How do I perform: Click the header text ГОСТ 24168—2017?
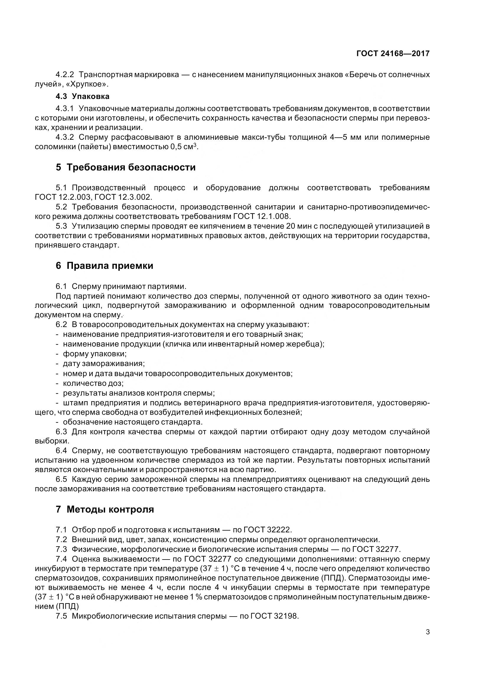tap(393, 53)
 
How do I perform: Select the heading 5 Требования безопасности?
tap(125, 167)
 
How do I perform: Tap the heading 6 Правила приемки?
tap(104, 266)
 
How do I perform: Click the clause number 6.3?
tap(61, 432)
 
